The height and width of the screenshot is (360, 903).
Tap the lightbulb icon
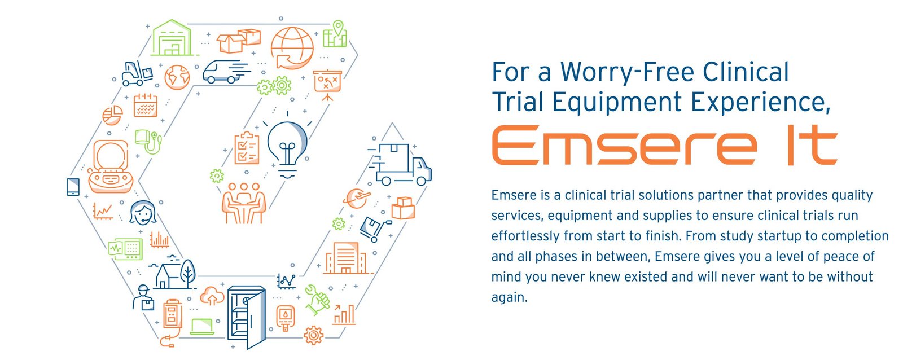287,147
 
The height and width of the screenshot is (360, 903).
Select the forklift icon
137,73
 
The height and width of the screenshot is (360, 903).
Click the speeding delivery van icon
226,72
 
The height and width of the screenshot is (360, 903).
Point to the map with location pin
335,34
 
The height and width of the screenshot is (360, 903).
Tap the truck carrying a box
401,164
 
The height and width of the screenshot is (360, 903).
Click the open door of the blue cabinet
256,320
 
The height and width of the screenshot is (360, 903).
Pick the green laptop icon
202,327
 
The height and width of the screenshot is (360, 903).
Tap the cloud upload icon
212,296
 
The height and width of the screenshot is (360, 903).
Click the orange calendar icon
145,105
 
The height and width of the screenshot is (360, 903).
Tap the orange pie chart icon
112,115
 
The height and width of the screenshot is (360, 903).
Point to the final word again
509,297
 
